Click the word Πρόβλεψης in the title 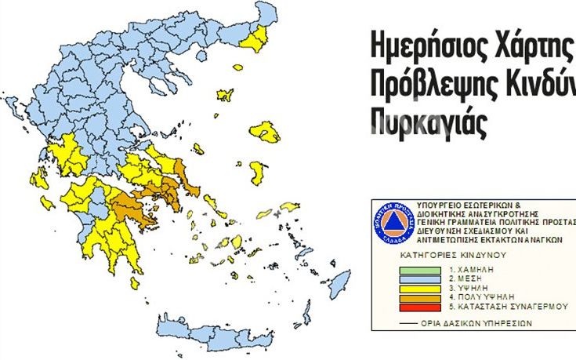[424, 85]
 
